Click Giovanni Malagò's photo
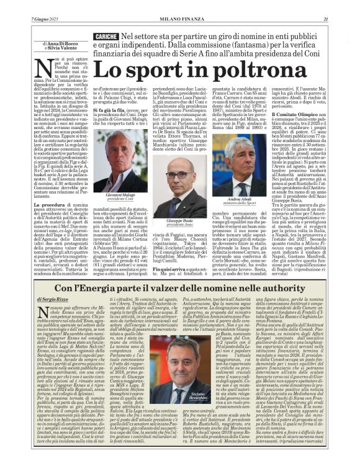tap(119, 161)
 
